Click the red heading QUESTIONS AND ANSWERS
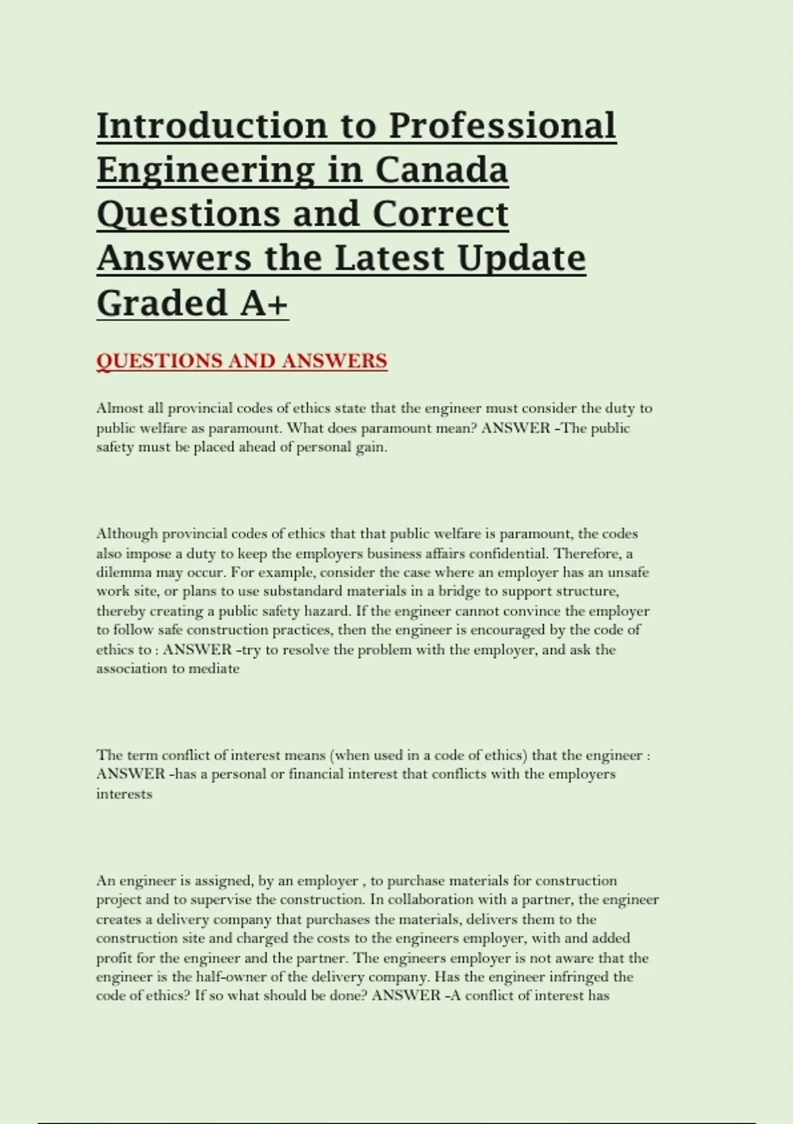(242, 361)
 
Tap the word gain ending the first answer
(371, 447)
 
